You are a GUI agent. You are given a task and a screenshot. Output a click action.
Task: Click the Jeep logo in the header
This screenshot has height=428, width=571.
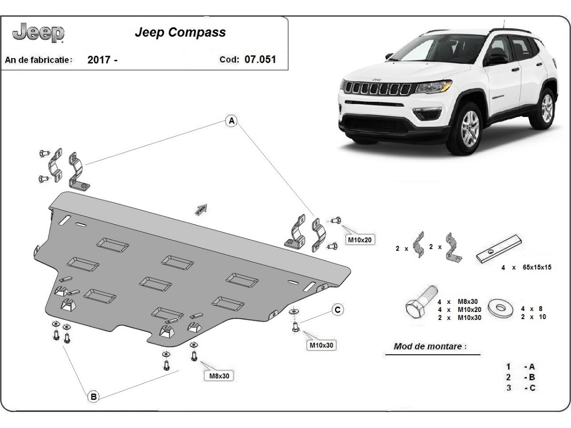[39, 33]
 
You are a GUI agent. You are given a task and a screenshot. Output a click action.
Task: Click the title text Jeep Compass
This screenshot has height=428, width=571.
[180, 33]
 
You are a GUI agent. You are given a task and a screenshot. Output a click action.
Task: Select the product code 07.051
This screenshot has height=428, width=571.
[260, 60]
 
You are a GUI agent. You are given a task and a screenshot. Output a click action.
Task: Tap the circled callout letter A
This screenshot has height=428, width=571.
[231, 121]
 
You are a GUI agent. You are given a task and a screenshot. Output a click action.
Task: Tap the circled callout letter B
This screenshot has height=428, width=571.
[93, 396]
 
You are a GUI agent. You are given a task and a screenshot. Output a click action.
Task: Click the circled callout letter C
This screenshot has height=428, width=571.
[337, 310]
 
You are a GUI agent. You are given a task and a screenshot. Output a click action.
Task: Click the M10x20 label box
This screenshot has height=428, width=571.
[359, 240]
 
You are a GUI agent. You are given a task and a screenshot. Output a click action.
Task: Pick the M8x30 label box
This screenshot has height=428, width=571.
[219, 376]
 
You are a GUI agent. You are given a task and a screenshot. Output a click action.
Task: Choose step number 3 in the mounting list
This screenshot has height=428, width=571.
[509, 388]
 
